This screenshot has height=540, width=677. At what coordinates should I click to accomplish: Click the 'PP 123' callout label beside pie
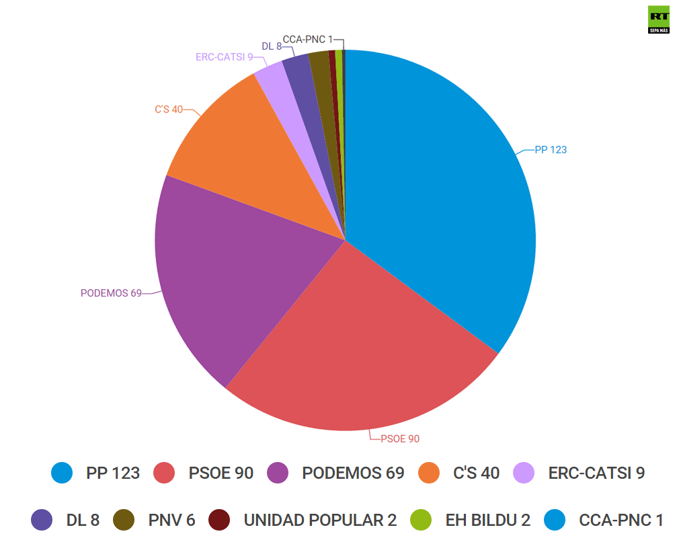click(551, 150)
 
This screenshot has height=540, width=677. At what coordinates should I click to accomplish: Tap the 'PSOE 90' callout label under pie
click(400, 438)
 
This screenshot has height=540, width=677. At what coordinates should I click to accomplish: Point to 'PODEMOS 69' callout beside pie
click(111, 293)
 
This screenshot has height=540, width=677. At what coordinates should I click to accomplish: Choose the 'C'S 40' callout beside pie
click(169, 109)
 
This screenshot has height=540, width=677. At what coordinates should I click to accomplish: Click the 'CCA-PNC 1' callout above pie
click(307, 40)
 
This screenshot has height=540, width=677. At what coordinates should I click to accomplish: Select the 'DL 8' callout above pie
click(272, 46)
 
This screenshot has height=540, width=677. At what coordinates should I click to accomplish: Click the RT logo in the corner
click(658, 20)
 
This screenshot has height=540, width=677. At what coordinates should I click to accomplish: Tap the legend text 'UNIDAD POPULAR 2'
click(320, 520)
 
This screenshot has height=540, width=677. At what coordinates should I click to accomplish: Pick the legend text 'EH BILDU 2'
click(488, 520)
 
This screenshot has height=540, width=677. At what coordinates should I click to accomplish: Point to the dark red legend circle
click(219, 520)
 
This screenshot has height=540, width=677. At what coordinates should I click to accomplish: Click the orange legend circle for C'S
click(429, 473)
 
